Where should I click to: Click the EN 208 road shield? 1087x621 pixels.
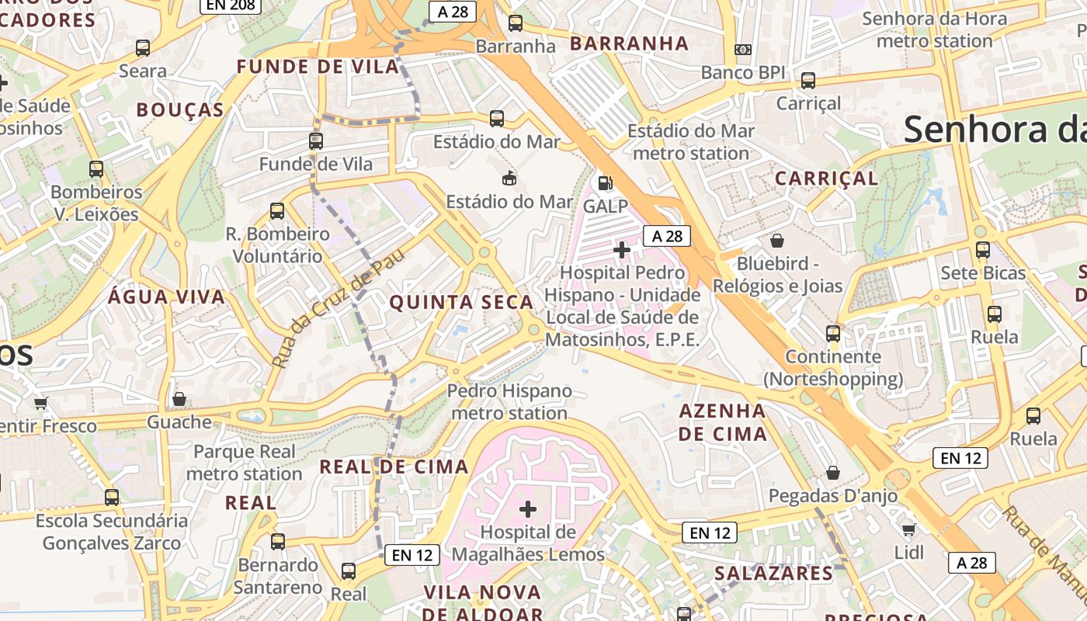click(x=231, y=5)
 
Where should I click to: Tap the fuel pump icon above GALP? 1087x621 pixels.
click(x=605, y=183)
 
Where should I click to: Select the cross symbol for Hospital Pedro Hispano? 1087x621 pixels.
click(x=622, y=250)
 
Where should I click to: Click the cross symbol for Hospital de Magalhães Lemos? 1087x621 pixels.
click(x=528, y=509)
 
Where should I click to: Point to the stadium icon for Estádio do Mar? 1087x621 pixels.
click(x=509, y=179)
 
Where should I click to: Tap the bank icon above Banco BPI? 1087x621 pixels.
click(x=743, y=50)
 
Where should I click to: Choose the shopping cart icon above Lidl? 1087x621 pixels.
click(x=908, y=529)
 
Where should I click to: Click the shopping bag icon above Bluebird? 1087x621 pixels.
click(x=777, y=241)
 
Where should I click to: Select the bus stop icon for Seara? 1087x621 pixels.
click(x=143, y=48)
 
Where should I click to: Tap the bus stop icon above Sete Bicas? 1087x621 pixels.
click(x=983, y=250)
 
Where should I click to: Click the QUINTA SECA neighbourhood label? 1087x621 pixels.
click(x=461, y=303)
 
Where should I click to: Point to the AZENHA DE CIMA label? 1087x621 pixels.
click(x=723, y=422)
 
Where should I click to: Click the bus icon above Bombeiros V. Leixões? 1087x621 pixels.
click(x=96, y=168)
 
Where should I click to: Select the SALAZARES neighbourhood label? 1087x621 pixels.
click(x=773, y=574)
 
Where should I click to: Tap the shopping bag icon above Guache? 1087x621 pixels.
click(x=179, y=399)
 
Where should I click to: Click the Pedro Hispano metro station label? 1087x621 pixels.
click(x=509, y=401)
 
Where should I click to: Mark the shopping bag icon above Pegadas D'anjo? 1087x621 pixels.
click(x=833, y=472)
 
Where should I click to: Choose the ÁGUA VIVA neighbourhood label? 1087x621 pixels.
click(x=167, y=297)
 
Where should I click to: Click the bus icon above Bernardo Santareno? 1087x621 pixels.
click(x=278, y=541)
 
